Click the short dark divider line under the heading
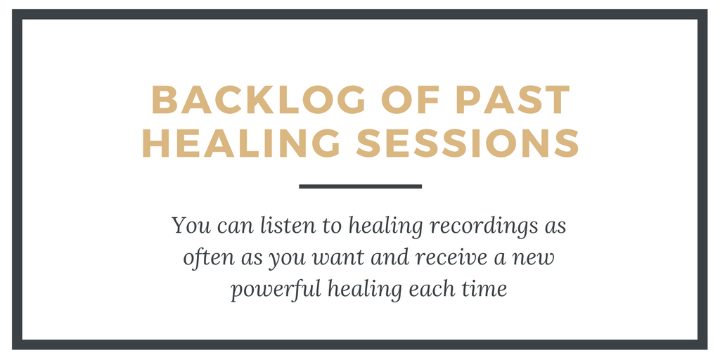coord(361,186)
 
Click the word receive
coord(445,258)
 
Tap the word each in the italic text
coord(428,290)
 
